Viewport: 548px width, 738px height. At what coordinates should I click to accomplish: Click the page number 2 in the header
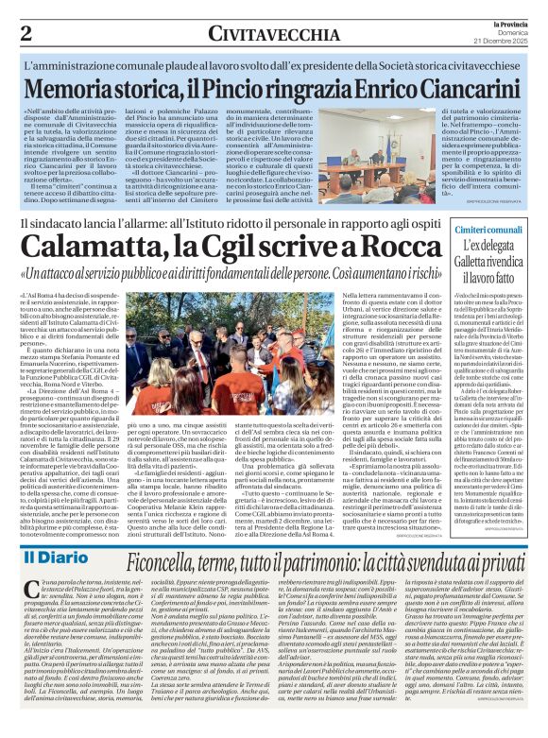click(25, 33)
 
